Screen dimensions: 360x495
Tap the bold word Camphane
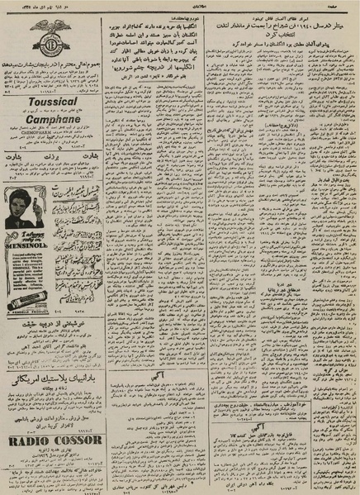click(52, 120)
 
